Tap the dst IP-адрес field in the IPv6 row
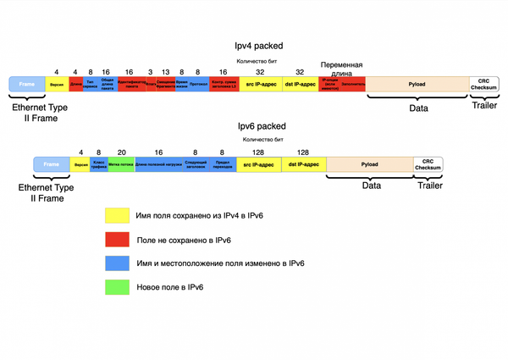tap(303, 163)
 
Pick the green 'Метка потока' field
tap(121, 163)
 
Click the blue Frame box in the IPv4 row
tap(25, 84)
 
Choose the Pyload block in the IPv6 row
tap(369, 163)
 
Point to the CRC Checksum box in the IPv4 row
tap(484, 84)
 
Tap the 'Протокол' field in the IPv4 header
tap(199, 84)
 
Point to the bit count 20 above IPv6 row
tap(121, 152)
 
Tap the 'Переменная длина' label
tap(342, 69)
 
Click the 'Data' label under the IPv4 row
tap(418, 108)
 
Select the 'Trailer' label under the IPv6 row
tap(430, 186)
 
